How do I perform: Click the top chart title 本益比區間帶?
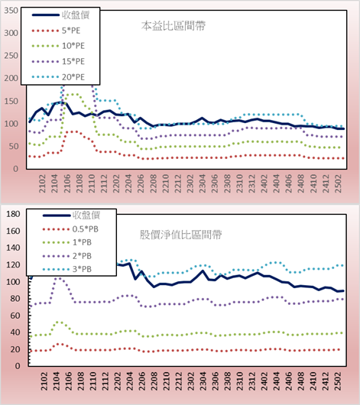click(174, 26)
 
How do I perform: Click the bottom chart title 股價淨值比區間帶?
click(180, 235)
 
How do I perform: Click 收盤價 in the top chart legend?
click(76, 15)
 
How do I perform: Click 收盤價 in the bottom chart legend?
click(86, 215)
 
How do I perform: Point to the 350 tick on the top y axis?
click(11, 11)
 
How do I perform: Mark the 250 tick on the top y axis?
click(11, 56)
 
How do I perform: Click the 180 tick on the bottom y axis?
click(13, 214)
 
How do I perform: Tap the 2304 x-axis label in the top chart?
click(202, 183)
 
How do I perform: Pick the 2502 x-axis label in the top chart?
click(338, 183)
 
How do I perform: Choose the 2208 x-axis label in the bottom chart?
click(154, 381)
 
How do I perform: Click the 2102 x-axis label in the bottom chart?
click(44, 381)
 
